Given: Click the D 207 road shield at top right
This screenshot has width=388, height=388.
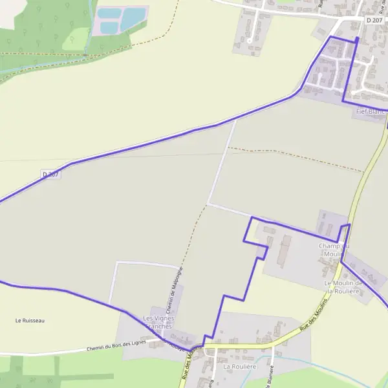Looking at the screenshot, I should [374, 20].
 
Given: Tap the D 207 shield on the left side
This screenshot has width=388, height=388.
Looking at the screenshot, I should [51, 174].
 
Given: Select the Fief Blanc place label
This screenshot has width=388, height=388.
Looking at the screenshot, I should [370, 111].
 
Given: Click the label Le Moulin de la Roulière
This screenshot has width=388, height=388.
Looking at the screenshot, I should [343, 287].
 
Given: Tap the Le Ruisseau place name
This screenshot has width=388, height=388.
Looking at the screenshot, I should [30, 320].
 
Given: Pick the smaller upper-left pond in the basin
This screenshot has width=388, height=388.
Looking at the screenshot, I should [108, 13].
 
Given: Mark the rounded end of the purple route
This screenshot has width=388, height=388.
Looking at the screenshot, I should [356, 39].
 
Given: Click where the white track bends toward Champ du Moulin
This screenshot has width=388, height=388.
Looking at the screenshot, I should [208, 205].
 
